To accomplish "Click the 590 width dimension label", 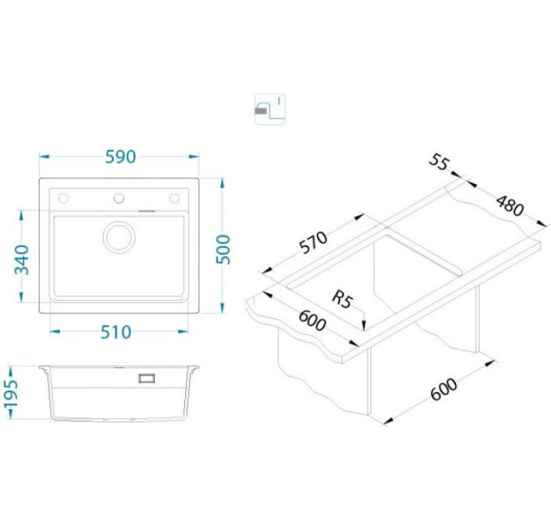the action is [x=121, y=157].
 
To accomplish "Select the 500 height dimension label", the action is [x=223, y=250].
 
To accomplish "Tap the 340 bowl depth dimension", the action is [x=22, y=260].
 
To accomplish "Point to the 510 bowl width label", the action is [x=116, y=332].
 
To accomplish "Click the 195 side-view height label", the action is [x=10, y=393].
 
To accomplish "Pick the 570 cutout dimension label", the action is [x=313, y=242].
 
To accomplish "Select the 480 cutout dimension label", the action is [x=510, y=206].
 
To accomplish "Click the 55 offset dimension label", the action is [x=439, y=162].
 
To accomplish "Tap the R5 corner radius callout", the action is [x=342, y=300].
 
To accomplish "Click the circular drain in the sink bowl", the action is [x=119, y=237].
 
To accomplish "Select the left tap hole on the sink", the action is [x=64, y=198].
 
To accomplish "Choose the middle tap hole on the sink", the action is [x=119, y=198].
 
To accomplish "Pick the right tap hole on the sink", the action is [x=175, y=198].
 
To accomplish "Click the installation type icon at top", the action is [x=270, y=109].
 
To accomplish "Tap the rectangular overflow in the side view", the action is [x=146, y=378].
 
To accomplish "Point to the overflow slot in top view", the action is [x=146, y=211].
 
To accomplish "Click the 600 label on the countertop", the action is [x=312, y=321].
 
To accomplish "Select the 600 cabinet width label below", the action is [x=444, y=389].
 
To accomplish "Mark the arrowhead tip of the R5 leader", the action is [x=364, y=330].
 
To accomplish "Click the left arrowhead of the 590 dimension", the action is [x=40, y=157].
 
